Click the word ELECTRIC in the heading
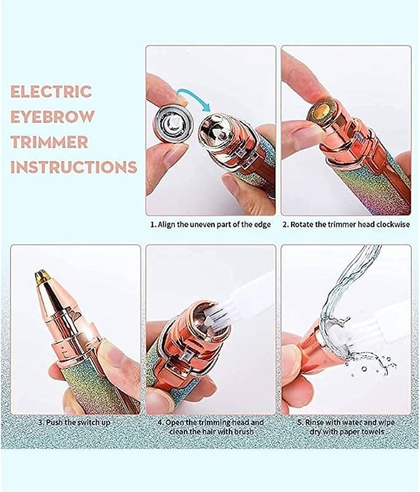click(52, 91)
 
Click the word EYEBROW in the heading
click(52, 116)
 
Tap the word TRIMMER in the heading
click(49, 141)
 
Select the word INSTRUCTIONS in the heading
click(74, 167)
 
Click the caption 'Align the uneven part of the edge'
click(214, 224)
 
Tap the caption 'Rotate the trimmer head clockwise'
click(350, 224)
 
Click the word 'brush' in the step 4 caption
click(243, 432)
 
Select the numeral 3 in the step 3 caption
click(41, 423)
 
